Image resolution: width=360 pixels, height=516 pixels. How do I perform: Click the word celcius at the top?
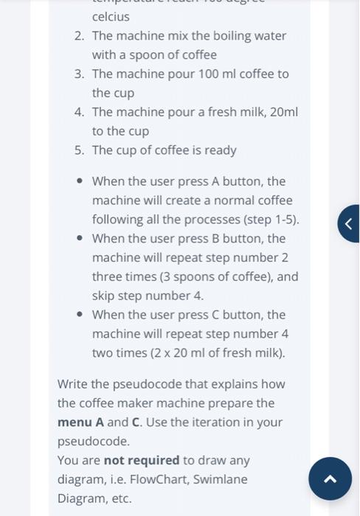(x=111, y=16)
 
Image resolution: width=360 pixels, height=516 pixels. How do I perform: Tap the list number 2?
(x=78, y=36)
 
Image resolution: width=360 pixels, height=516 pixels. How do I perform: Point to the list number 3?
(x=78, y=74)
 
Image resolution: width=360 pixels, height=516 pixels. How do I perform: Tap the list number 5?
(x=78, y=150)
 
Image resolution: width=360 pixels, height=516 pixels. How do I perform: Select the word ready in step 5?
(x=220, y=150)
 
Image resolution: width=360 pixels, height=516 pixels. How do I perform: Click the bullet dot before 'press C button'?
(x=78, y=315)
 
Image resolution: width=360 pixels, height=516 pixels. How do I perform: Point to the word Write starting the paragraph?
(x=74, y=384)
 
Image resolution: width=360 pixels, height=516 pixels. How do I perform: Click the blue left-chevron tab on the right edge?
(x=349, y=223)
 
